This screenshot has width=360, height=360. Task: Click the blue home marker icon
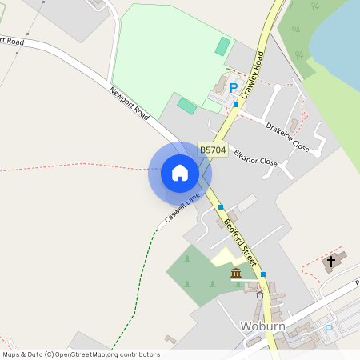pos(180,173)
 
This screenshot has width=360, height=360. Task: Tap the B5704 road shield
pos(213,150)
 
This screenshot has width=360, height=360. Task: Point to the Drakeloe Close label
pos(287,136)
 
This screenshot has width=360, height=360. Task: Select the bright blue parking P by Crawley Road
pos(234,88)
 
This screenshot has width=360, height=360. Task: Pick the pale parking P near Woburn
pos(328,330)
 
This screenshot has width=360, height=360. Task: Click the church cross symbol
pos(331,262)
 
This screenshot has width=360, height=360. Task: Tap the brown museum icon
pos(236,274)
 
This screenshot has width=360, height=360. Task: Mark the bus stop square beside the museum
pos(262,274)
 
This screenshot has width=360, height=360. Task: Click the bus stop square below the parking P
pos(236,105)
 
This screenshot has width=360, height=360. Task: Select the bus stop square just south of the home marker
pos(221,207)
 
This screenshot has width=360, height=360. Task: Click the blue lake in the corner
pos(336,32)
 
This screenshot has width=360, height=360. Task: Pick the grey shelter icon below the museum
pos(258,294)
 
